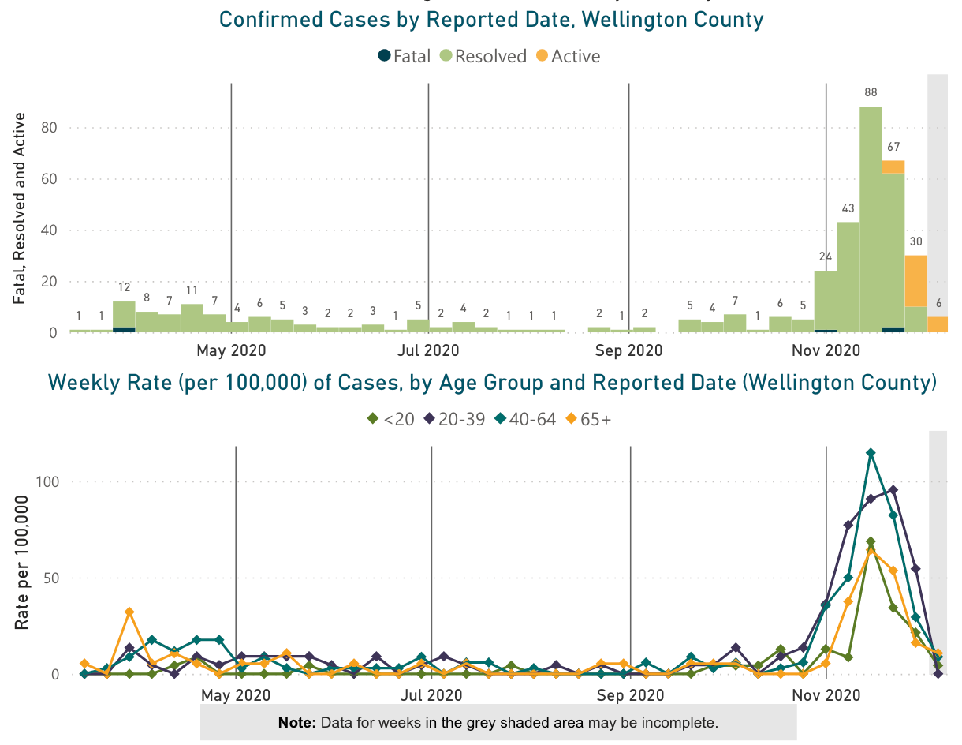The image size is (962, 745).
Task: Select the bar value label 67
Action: click(893, 147)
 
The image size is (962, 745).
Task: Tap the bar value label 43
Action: click(848, 208)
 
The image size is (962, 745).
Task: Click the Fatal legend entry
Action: click(405, 56)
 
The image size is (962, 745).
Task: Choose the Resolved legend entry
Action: click(483, 56)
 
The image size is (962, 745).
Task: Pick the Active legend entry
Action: click(568, 56)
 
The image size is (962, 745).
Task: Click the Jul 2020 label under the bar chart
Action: click(428, 349)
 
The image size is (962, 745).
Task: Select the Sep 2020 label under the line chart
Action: click(630, 695)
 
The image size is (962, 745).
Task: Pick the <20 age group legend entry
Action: click(392, 419)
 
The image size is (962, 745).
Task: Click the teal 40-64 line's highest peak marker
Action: click(871, 453)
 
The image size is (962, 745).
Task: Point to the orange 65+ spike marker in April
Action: click(129, 612)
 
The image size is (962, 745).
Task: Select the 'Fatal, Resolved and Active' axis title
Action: click(21, 208)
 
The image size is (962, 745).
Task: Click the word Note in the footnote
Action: click(296, 722)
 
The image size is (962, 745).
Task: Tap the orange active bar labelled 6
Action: click(938, 324)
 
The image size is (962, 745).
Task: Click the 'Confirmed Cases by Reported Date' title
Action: click(490, 20)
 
